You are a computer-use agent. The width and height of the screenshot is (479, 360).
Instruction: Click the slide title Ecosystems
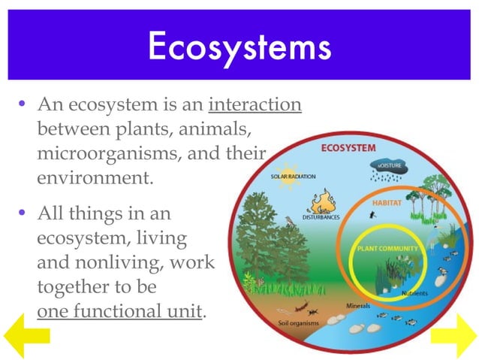[x=239, y=46]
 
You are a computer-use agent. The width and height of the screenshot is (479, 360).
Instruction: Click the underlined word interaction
[x=255, y=104]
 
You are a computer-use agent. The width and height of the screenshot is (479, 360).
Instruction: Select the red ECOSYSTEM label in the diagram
[x=348, y=148]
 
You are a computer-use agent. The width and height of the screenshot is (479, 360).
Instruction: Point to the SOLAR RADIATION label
[x=293, y=177]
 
